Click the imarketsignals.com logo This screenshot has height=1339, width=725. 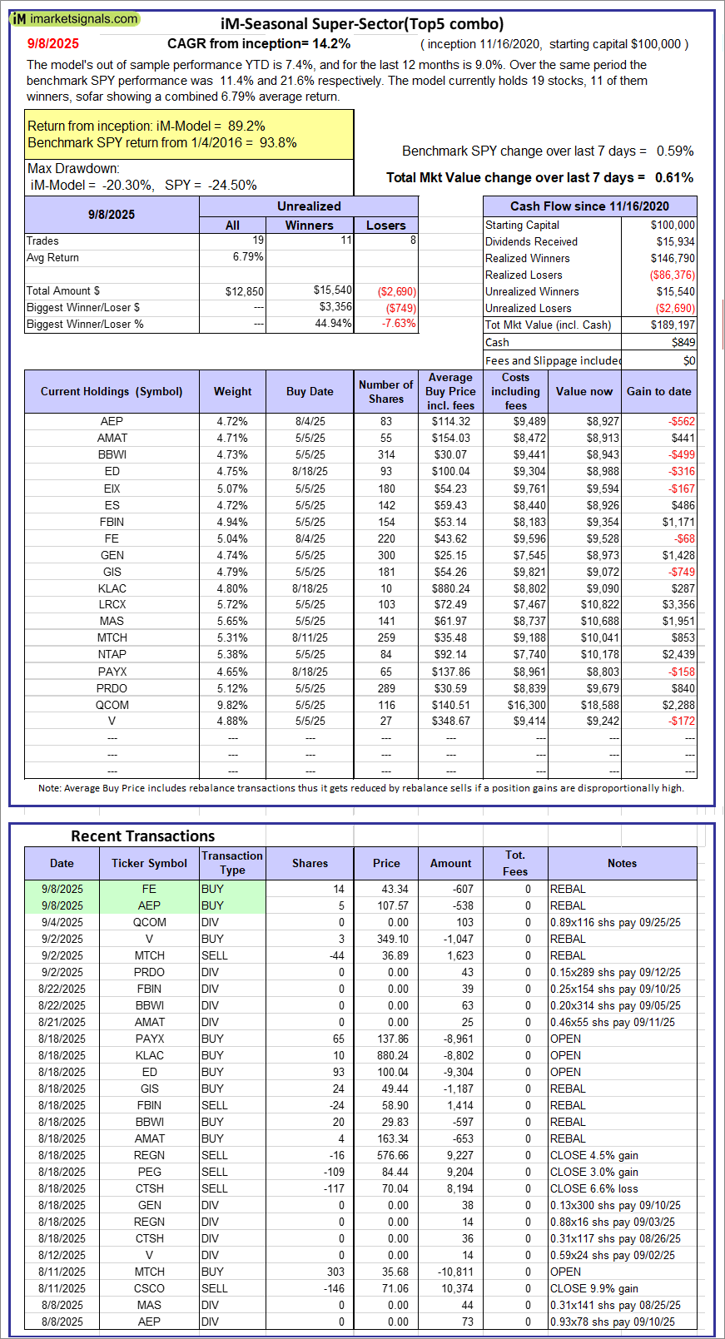(x=75, y=18)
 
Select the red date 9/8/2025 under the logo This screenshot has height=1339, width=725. (x=53, y=44)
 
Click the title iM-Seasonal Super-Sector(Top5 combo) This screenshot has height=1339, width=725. (x=362, y=24)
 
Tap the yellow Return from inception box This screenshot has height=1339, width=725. (x=189, y=135)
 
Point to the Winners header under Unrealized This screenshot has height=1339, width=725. (x=309, y=226)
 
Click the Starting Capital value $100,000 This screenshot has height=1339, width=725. (x=673, y=225)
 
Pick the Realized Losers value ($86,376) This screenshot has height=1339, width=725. (x=672, y=275)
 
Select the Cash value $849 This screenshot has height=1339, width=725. (x=683, y=342)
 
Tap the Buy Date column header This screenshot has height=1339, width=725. (x=310, y=391)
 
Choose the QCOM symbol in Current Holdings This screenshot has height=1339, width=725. (x=112, y=705)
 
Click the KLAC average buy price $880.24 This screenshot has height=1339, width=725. (x=450, y=588)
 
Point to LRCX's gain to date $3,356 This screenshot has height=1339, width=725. (x=678, y=605)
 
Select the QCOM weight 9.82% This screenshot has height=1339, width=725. (x=232, y=705)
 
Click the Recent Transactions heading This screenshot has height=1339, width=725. (x=142, y=836)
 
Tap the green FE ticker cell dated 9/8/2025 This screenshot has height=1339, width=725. (x=149, y=889)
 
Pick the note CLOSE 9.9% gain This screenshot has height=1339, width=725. (x=593, y=1288)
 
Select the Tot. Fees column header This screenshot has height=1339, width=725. (x=515, y=863)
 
